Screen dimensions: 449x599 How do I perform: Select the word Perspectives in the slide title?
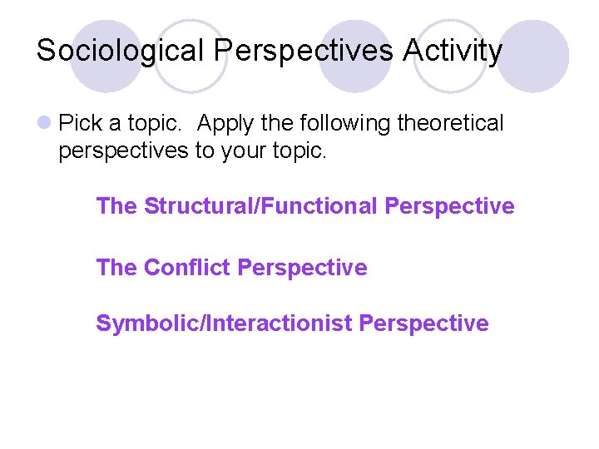point(304,52)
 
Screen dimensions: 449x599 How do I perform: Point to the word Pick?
point(81,124)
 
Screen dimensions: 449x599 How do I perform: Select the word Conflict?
point(187,268)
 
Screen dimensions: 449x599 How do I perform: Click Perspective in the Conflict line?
point(302,268)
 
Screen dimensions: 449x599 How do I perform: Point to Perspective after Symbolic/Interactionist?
point(423,323)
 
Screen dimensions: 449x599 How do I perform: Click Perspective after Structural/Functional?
point(449,206)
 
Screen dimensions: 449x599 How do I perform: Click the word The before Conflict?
point(116,268)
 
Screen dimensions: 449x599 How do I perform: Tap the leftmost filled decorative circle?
point(106,54)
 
